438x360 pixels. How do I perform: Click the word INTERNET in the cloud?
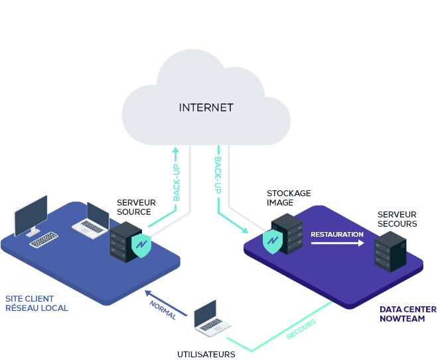[x=206, y=107]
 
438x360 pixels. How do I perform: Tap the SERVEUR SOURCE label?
[x=136, y=207]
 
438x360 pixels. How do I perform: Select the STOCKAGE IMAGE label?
[x=289, y=198]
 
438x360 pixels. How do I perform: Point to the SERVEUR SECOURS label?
[x=397, y=219]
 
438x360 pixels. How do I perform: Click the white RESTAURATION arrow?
[x=338, y=243]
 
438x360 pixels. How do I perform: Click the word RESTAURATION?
[x=337, y=234]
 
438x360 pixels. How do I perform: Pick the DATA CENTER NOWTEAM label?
[x=407, y=314]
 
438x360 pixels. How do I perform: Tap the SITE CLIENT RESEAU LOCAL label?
[x=36, y=303]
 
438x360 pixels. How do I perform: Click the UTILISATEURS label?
[x=206, y=354]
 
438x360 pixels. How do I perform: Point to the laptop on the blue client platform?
[x=92, y=220]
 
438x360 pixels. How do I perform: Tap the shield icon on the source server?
[x=141, y=246]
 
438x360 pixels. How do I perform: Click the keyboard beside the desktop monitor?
[x=44, y=239]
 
